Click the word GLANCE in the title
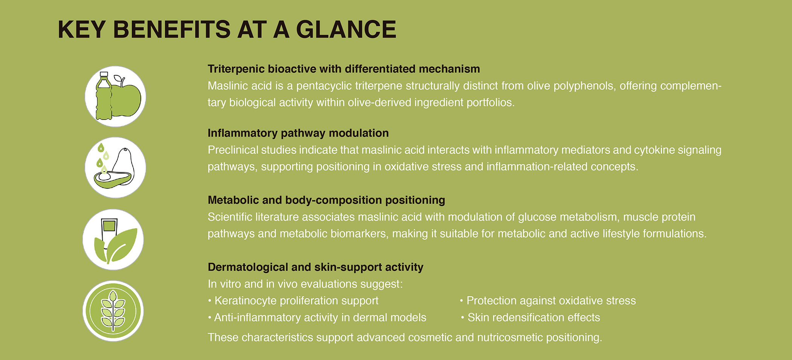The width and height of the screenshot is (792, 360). click(346, 29)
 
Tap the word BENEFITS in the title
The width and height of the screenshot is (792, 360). click(172, 29)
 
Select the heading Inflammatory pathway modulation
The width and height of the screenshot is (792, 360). click(298, 133)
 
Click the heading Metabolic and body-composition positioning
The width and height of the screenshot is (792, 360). click(326, 200)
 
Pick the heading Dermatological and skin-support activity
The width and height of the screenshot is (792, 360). click(315, 267)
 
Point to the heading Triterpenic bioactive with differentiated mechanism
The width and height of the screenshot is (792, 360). click(344, 69)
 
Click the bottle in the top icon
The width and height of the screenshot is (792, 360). click(104, 96)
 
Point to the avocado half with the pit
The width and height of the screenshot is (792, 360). click(113, 179)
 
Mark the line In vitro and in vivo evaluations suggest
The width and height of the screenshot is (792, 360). click(305, 284)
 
